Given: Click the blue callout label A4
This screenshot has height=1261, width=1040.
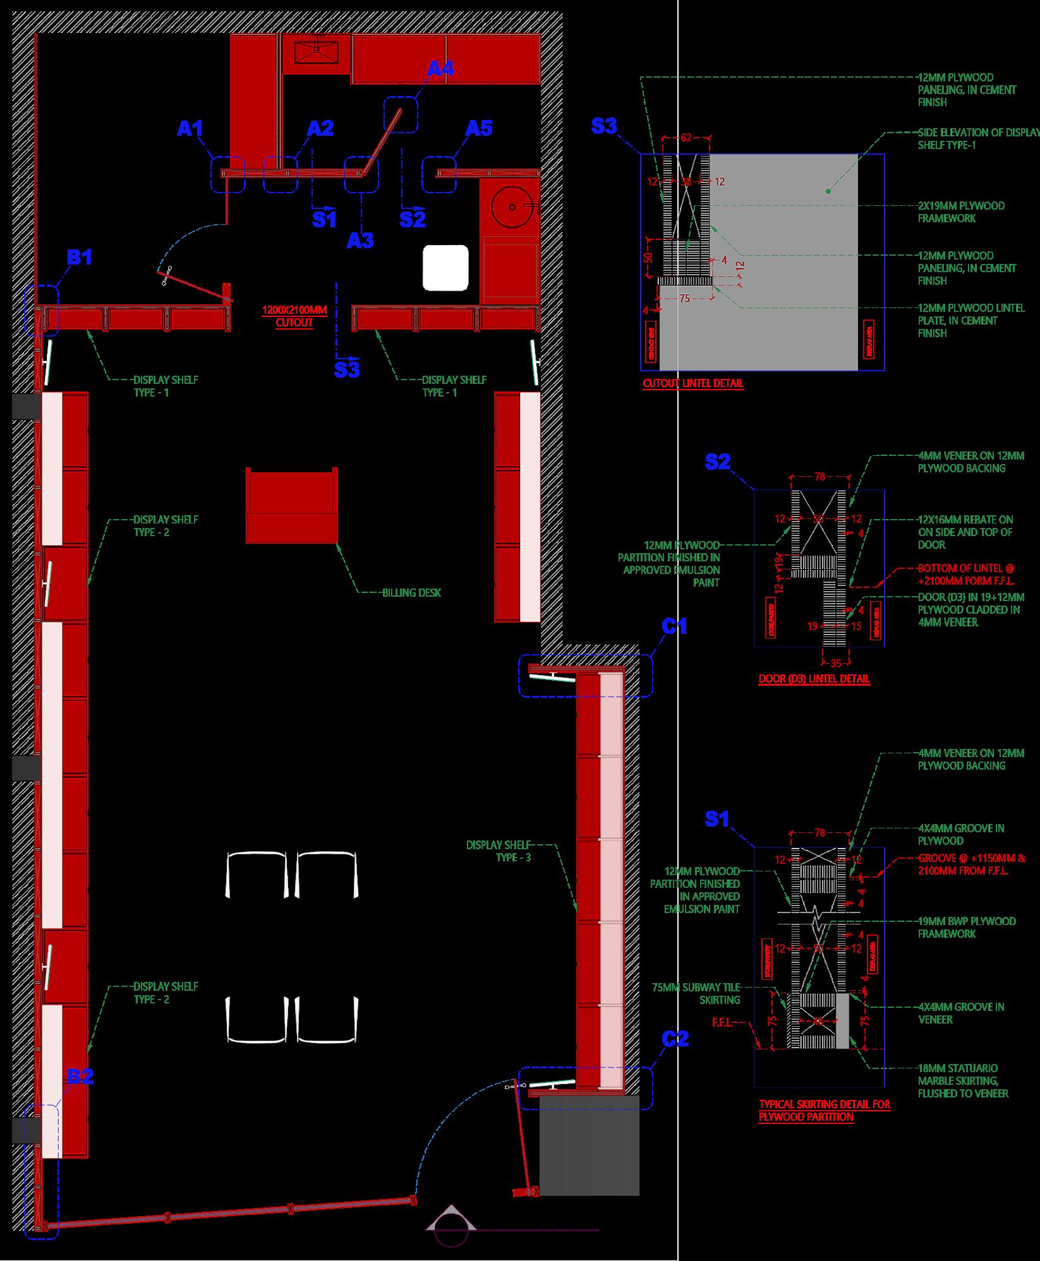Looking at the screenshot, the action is [x=440, y=68].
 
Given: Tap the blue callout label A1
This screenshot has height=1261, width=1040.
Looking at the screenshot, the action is [x=190, y=129].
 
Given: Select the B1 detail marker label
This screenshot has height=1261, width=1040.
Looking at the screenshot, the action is [x=80, y=257].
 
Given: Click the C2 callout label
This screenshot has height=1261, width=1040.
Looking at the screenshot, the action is [x=675, y=1038].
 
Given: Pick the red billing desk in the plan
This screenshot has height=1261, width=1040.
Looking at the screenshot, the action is [x=292, y=506].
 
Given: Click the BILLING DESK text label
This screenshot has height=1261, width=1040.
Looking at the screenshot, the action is [x=411, y=592].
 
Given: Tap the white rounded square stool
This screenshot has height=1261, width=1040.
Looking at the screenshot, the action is [x=446, y=268].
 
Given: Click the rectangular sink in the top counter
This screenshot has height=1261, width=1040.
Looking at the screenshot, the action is [x=317, y=49].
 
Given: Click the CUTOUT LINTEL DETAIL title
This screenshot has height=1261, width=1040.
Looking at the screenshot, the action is [x=693, y=383].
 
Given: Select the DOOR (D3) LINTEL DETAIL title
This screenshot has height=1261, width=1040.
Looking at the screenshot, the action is [x=814, y=679].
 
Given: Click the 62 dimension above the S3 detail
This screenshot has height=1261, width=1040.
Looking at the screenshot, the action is [x=686, y=136].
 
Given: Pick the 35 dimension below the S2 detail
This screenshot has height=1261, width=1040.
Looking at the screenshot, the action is [x=835, y=663].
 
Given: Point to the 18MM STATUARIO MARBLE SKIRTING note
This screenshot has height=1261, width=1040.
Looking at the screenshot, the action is [x=963, y=1080].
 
